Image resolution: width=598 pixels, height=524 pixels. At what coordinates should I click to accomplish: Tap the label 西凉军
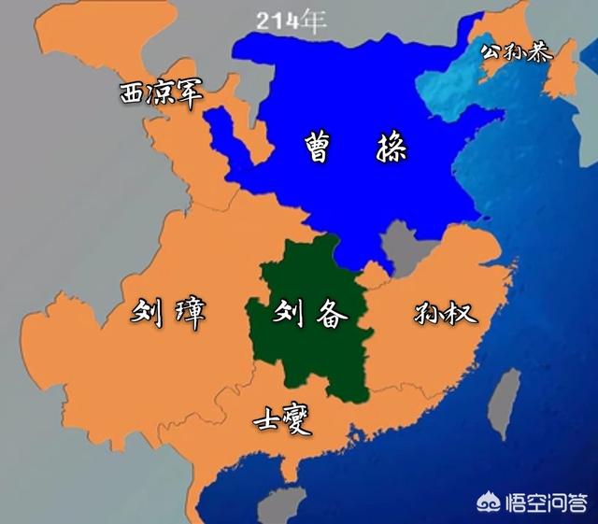point(161,92)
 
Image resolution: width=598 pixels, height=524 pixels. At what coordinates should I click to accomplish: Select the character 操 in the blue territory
point(387,148)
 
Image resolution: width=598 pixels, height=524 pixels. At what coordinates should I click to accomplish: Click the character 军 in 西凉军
point(188,93)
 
